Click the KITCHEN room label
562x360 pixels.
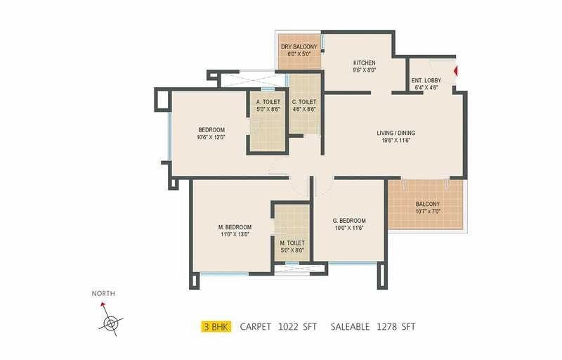pyautogui.click(x=364, y=63)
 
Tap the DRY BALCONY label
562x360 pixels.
pyautogui.click(x=299, y=47)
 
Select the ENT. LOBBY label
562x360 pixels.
pyautogui.click(x=427, y=82)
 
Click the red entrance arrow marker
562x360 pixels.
pyautogui.click(x=456, y=71)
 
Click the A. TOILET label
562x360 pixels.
pyautogui.click(x=268, y=102)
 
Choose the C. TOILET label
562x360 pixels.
pyautogui.click(x=304, y=102)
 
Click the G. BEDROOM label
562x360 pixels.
pyautogui.click(x=348, y=221)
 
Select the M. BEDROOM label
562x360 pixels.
pyautogui.click(x=235, y=227)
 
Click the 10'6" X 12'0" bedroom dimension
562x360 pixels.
pyautogui.click(x=211, y=137)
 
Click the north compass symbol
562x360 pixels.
pyautogui.click(x=110, y=323)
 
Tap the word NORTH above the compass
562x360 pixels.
pyautogui.click(x=103, y=293)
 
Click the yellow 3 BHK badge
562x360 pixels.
pyautogui.click(x=215, y=326)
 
